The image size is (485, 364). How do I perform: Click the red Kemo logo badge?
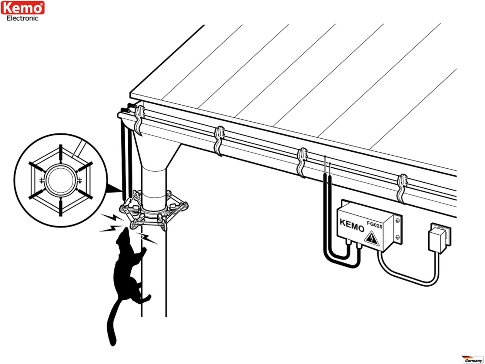click(23, 8)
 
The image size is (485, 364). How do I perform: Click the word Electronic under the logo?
click(23, 18)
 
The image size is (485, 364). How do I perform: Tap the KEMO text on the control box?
click(352, 225)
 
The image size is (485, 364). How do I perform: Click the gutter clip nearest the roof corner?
click(139, 120)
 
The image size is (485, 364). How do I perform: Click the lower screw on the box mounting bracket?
click(398, 237)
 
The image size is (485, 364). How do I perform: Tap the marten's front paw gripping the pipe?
click(143, 250)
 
